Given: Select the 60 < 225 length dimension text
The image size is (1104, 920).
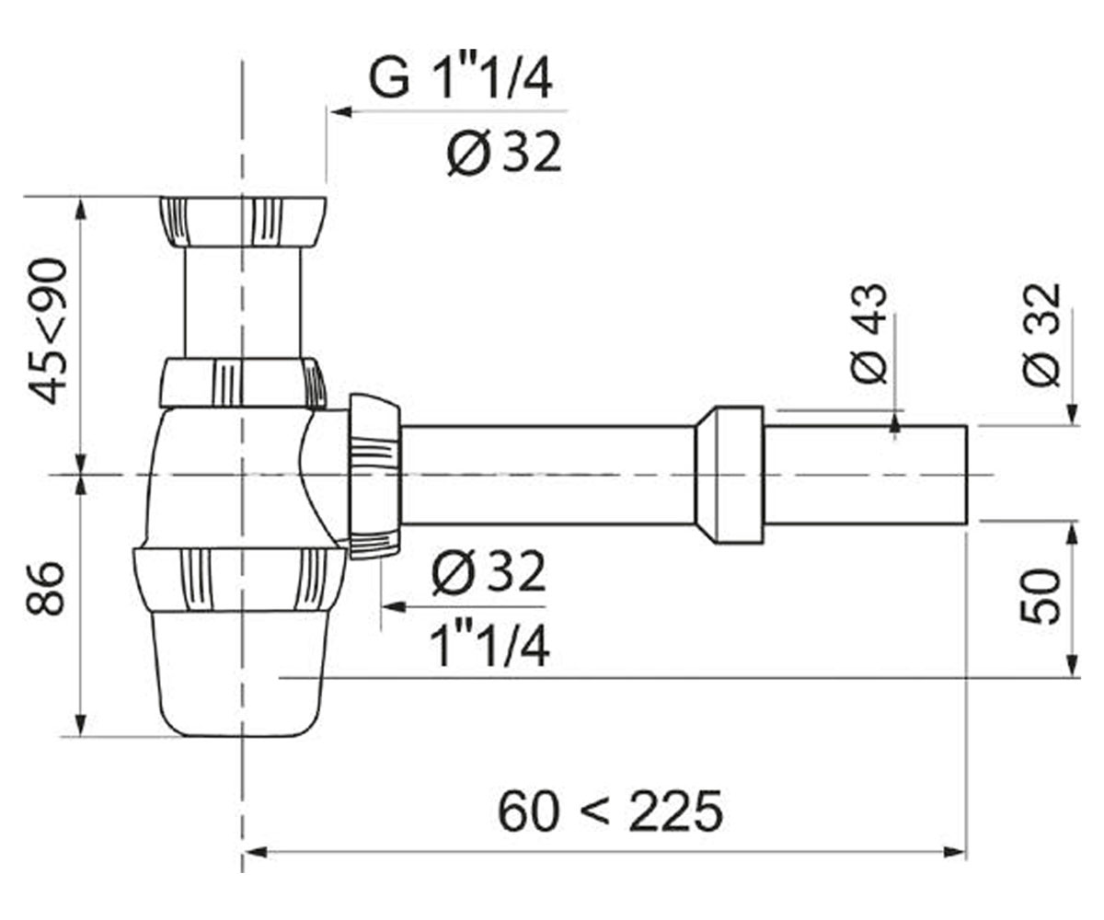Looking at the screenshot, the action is [x=610, y=811].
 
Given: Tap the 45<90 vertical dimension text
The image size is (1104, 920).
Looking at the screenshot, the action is [x=49, y=332].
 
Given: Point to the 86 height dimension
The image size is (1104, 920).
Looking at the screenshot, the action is [x=45, y=589].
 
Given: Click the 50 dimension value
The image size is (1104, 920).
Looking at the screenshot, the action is [x=1041, y=597].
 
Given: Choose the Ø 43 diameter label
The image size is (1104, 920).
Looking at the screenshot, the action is [x=868, y=334].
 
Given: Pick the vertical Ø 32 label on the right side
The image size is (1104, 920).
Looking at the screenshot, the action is [x=1041, y=335].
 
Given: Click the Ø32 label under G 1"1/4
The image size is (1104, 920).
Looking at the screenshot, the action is [x=504, y=153].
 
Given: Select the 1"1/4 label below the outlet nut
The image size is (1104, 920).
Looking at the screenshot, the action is [x=489, y=646].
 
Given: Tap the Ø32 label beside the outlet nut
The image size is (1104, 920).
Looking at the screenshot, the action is [x=488, y=572].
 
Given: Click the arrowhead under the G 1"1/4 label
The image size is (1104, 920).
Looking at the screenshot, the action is [x=341, y=111].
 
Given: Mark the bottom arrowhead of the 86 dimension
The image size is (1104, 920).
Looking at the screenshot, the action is [x=80, y=724].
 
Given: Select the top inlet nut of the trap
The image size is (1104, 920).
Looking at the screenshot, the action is [x=242, y=222].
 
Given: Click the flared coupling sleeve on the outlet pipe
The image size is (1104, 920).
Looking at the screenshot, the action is [x=730, y=475].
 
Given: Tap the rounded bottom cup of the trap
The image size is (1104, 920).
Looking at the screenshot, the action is [x=241, y=673].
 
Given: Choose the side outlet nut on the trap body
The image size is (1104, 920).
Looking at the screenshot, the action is [x=374, y=476].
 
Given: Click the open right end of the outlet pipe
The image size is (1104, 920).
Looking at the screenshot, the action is [x=968, y=475].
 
